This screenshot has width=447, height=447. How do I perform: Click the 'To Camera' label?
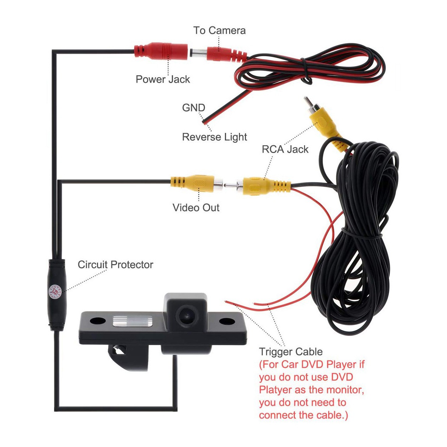[x=219, y=30]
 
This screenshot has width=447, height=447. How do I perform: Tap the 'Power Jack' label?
[x=163, y=79]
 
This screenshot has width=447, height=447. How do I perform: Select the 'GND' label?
[x=194, y=108]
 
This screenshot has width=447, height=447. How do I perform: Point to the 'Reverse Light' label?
[x=214, y=137]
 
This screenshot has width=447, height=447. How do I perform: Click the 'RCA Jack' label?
[x=285, y=149]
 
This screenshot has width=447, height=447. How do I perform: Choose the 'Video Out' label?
[x=196, y=207]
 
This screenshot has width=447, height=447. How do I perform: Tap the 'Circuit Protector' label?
[x=115, y=265]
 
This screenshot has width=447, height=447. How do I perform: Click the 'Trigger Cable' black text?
[x=291, y=352]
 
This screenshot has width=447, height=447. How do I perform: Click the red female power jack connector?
[x=161, y=51]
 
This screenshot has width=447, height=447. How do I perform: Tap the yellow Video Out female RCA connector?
[x=196, y=183]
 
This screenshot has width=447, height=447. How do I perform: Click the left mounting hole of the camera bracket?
[x=98, y=321]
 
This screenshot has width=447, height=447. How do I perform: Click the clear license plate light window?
[x=132, y=321]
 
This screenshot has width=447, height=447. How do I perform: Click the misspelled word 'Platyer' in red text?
[x=275, y=390]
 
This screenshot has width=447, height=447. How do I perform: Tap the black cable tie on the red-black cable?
[x=306, y=70]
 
